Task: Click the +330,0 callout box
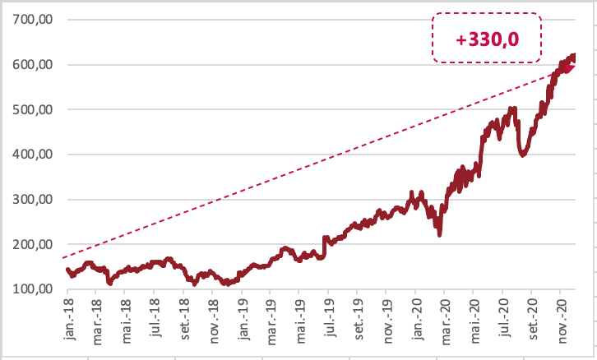coord(487,38)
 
